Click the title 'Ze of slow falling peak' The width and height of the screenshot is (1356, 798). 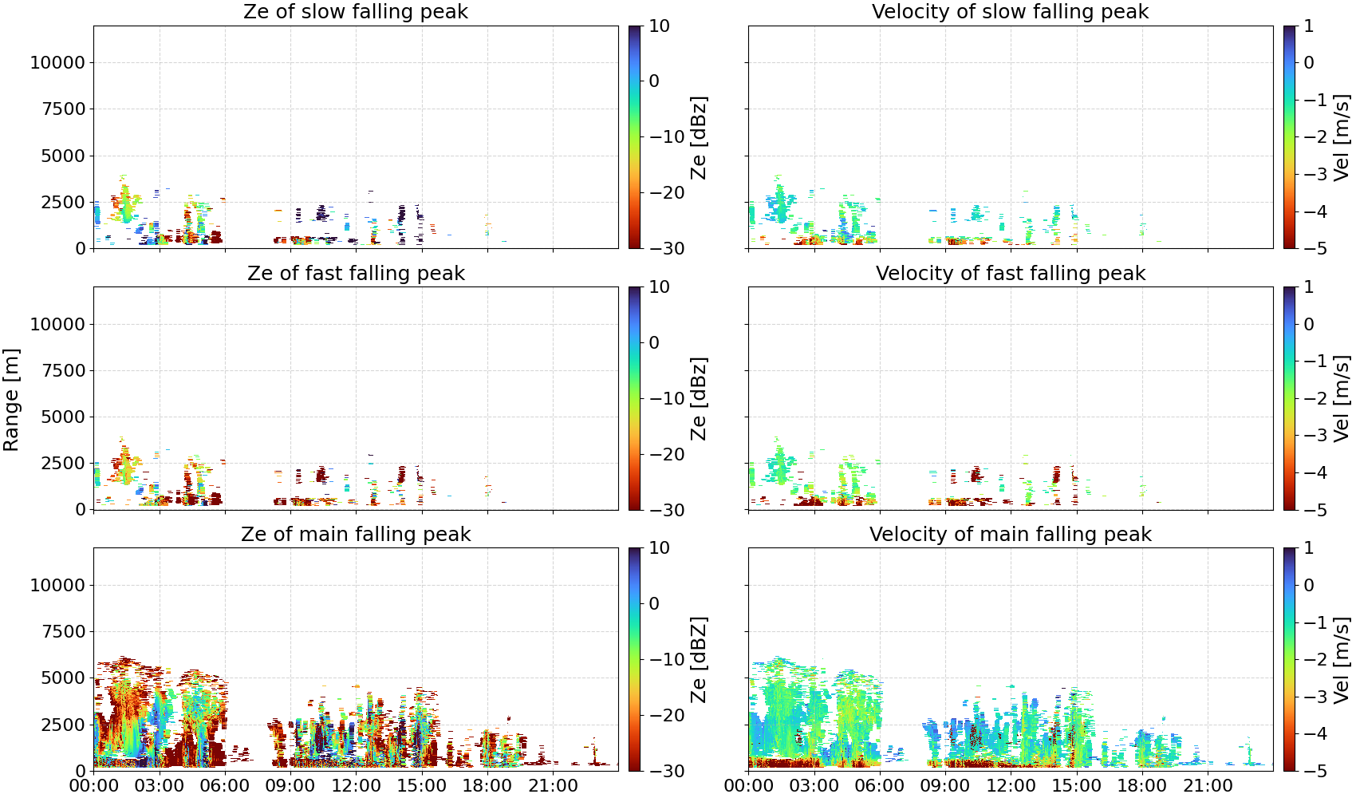point(355,12)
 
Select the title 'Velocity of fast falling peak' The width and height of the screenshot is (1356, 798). point(1011,273)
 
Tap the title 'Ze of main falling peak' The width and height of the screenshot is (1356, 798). point(355,534)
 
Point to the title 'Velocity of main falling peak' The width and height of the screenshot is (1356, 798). point(1011,534)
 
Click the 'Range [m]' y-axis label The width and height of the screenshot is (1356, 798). point(11,400)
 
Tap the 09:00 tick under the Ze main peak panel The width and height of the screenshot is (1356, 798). point(290,785)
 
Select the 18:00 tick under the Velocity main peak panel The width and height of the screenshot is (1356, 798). point(1141,785)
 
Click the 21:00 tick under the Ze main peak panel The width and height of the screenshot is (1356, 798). point(553,785)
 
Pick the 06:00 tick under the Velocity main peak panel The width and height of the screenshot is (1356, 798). point(880,785)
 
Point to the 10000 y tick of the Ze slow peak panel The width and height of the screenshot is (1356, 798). point(57,62)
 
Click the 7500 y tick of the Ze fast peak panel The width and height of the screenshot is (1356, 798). point(63,370)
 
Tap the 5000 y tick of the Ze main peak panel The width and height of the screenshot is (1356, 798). point(63,678)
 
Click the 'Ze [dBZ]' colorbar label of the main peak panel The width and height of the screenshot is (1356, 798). point(699,659)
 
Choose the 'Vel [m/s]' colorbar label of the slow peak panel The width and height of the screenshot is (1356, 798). point(1342,137)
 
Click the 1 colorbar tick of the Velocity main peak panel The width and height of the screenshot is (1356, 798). point(1308,548)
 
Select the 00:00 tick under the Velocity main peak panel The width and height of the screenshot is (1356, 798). point(748,785)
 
